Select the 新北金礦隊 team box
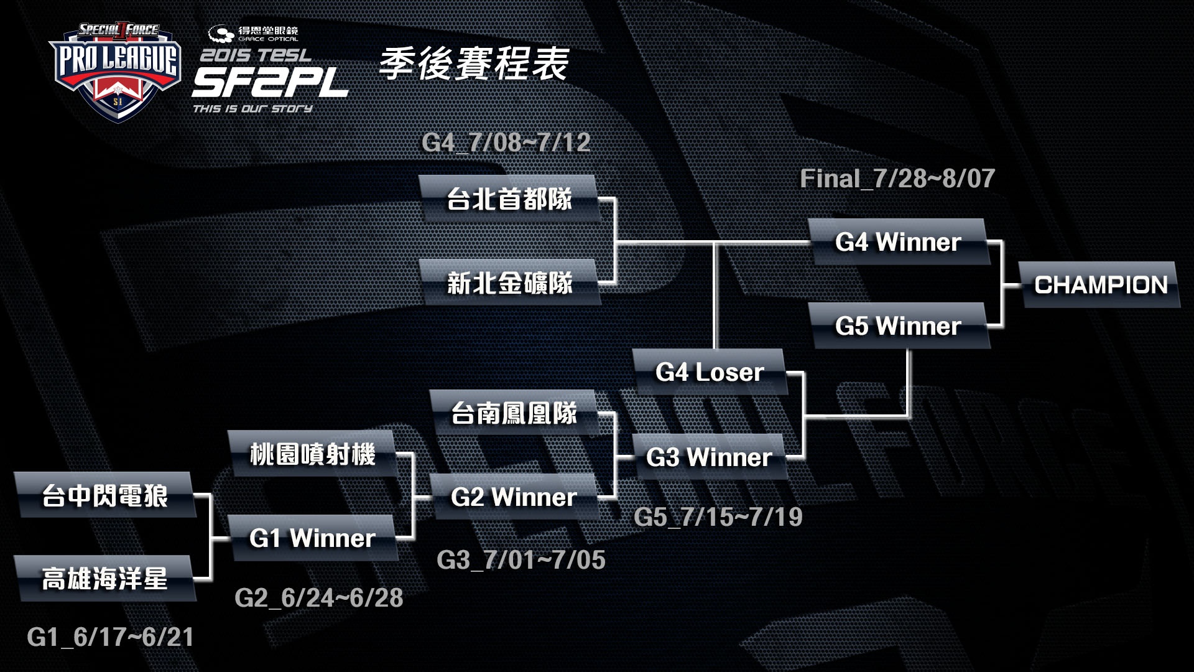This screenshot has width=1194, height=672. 510,283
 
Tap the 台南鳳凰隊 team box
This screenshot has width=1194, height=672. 514,413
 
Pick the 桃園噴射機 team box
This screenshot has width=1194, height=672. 312,454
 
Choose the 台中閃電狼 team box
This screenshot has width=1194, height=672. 104,495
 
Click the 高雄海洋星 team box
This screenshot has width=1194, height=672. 104,579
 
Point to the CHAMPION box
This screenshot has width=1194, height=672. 1101,285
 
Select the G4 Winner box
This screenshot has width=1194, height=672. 898,242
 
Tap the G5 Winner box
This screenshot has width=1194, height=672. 898,326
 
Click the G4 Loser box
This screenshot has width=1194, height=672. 710,372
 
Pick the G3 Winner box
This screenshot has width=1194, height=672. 709,457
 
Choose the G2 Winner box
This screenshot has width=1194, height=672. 514,497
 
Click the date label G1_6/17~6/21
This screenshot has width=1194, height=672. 111,637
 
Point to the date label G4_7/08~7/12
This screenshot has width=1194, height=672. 506,142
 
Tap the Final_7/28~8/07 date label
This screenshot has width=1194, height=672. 897,179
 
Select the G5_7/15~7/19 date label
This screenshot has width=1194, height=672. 718,517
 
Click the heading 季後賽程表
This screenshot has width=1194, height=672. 474,63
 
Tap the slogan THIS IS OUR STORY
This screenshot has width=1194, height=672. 252,109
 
